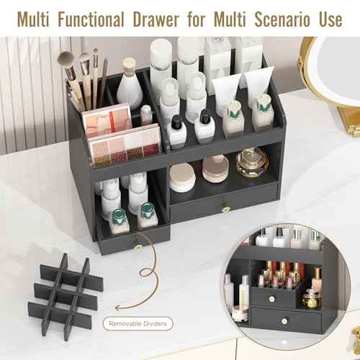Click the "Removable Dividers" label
138,324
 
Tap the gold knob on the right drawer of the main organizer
225,209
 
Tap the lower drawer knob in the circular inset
282,318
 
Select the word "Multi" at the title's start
32,19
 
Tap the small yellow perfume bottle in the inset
311,298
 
